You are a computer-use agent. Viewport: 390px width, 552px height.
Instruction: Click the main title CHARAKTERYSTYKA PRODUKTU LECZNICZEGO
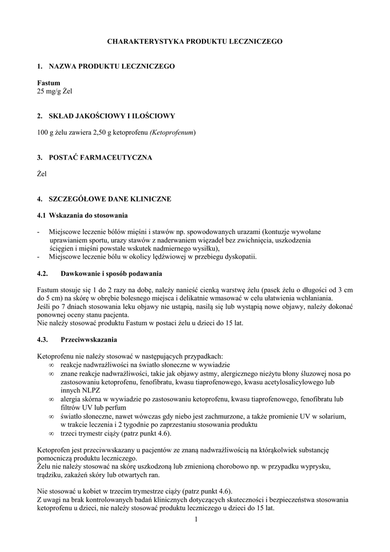[194, 41]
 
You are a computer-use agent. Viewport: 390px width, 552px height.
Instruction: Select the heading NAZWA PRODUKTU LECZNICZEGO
[112, 66]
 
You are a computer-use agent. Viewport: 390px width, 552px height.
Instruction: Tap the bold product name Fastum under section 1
[48, 84]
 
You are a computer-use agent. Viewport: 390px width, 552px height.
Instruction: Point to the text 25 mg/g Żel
[54, 91]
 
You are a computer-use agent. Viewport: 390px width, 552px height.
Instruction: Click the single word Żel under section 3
[42, 174]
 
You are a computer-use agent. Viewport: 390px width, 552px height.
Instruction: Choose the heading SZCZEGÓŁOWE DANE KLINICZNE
[110, 199]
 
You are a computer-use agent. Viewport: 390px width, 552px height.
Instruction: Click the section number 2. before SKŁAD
[40, 116]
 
